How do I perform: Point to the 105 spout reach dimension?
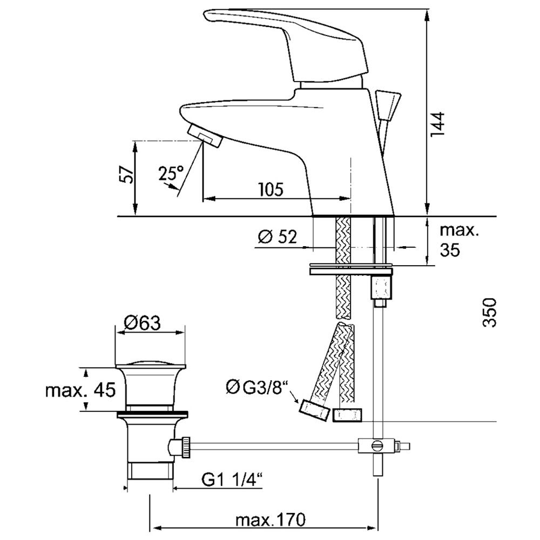tap(271, 189)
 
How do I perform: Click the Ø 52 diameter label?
tap(277, 237)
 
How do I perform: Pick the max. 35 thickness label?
tap(460, 240)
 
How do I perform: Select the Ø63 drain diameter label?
tap(143, 323)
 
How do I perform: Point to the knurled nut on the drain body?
tap(186, 447)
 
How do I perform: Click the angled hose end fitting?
tap(313, 410)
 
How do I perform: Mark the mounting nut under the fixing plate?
tap(381, 288)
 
